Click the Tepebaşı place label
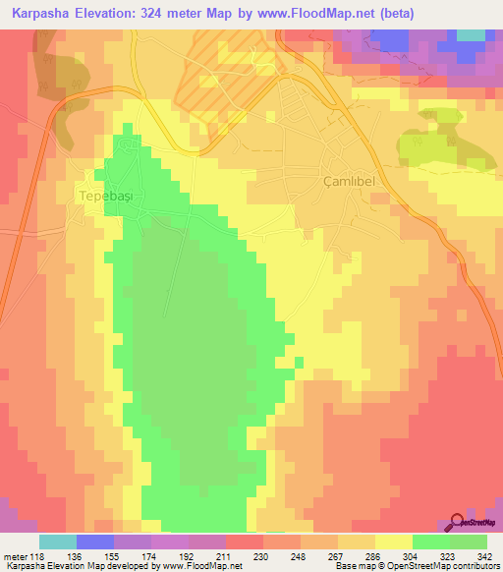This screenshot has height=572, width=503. pos(104,196)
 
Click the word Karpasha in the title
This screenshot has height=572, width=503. pos(42,13)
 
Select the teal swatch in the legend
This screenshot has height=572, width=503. pos(58,542)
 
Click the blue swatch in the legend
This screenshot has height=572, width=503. pos(95,542)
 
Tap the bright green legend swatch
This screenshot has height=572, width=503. pos(430,542)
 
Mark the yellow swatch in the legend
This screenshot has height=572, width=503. pos(393,542)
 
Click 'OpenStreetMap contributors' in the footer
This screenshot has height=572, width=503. pos(452,567)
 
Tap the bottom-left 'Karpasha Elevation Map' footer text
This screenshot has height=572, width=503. pos(49,567)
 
